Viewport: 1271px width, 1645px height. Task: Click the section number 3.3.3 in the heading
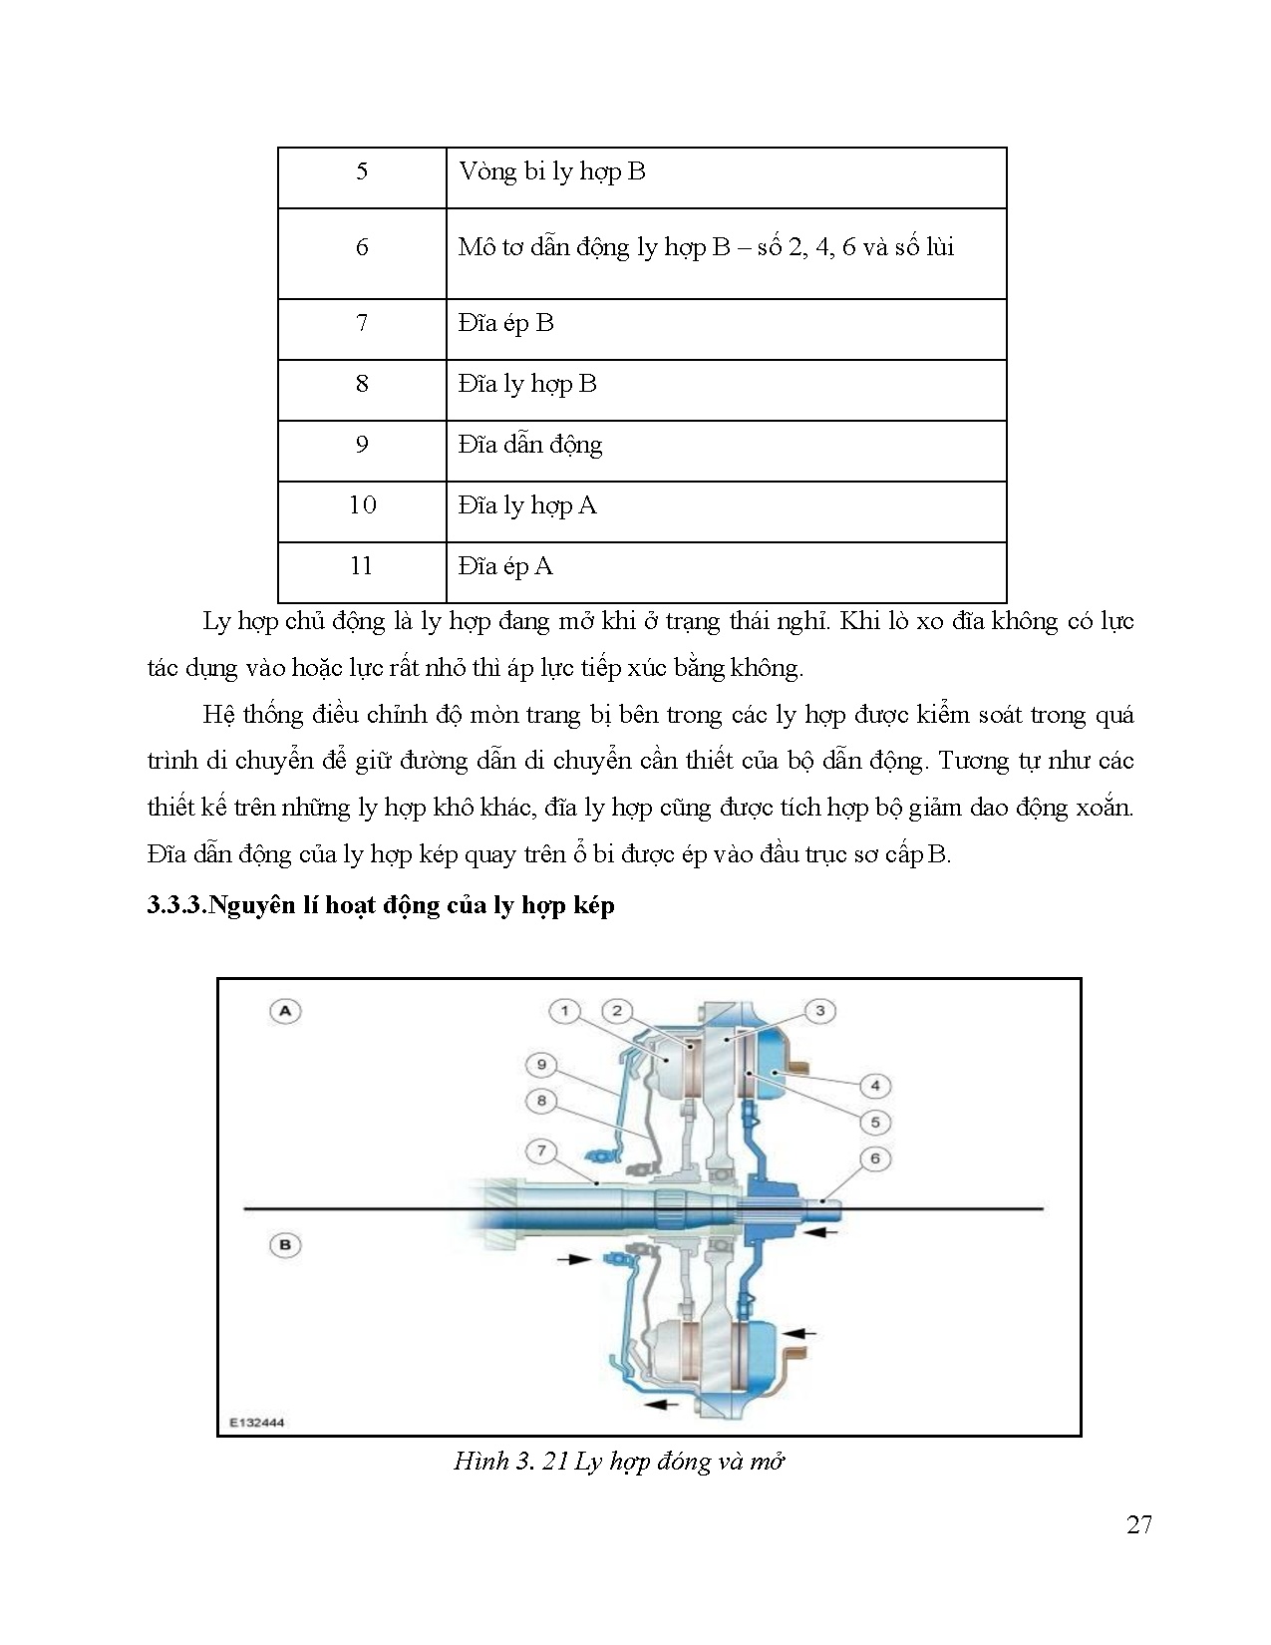pyautogui.click(x=175, y=906)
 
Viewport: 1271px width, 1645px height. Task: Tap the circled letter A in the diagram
pyautogui.click(x=285, y=1011)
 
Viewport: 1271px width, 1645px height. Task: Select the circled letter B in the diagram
pyautogui.click(x=285, y=1245)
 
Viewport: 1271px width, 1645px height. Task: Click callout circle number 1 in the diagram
pyautogui.click(x=564, y=1011)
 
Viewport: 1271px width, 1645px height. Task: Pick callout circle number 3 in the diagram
pyautogui.click(x=819, y=1011)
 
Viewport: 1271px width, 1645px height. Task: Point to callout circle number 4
pyautogui.click(x=874, y=1086)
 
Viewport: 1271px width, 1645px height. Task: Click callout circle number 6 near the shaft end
pyautogui.click(x=874, y=1158)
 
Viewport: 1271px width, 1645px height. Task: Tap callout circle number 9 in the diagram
pyautogui.click(x=541, y=1065)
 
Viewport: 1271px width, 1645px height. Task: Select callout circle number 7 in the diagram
pyautogui.click(x=541, y=1151)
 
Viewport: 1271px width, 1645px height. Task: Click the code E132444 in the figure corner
pyautogui.click(x=257, y=1423)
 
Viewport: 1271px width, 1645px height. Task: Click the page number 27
pyautogui.click(x=1139, y=1525)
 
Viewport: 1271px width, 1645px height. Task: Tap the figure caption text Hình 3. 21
pyautogui.click(x=510, y=1463)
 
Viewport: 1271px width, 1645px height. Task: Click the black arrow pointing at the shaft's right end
pyautogui.click(x=821, y=1233)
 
